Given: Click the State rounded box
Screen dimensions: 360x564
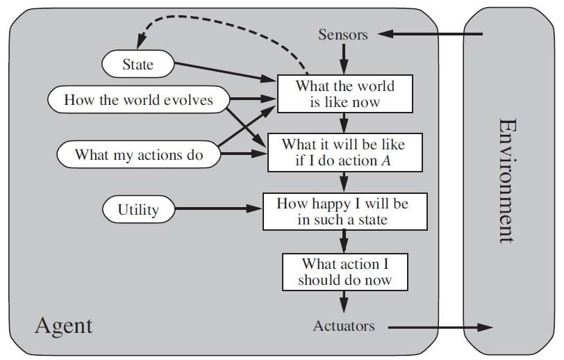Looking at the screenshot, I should tap(138, 65).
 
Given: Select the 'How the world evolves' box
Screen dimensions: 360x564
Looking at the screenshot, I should tap(139, 99).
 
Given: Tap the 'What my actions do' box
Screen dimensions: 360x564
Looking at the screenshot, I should tap(138, 154).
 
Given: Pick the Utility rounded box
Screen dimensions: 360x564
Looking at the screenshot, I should tap(138, 208).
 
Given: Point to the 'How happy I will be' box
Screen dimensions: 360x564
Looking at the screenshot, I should tap(342, 212).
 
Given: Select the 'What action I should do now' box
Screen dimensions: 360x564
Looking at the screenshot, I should tap(345, 272).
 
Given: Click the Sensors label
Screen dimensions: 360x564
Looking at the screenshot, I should tap(342, 34).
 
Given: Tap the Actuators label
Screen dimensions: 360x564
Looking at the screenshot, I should tap(344, 326).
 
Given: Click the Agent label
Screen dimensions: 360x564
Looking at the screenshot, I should tap(63, 325).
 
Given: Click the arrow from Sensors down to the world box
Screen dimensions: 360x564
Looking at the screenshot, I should tap(343, 59).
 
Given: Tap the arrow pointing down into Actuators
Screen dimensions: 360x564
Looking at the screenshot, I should tap(343, 302).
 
